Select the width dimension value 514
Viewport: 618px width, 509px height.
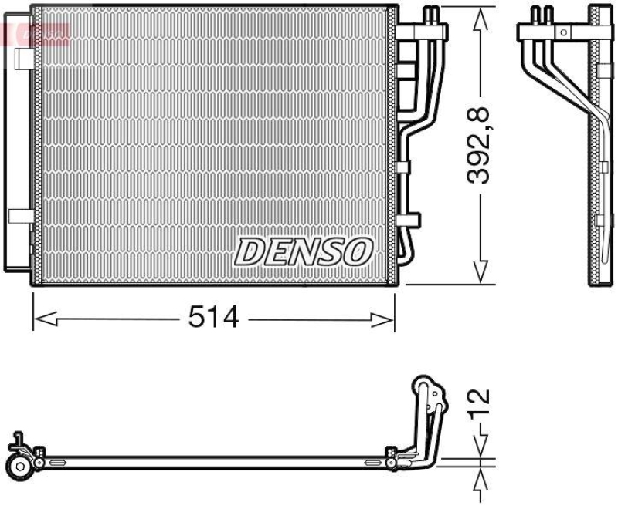pyautogui.click(x=213, y=316)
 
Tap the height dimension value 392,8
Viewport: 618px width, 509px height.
pyautogui.click(x=481, y=147)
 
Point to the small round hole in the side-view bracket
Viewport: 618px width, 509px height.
pyautogui.click(x=563, y=32)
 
